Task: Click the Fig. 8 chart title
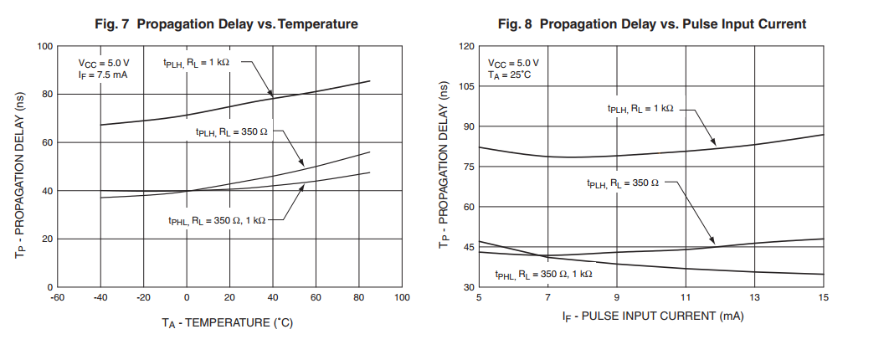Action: (652, 24)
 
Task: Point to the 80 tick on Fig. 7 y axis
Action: (47, 94)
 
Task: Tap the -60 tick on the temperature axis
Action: (57, 298)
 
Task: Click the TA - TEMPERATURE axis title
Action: (228, 321)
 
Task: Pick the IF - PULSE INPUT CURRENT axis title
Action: (653, 316)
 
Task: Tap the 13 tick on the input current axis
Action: (754, 298)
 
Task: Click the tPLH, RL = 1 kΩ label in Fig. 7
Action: (196, 62)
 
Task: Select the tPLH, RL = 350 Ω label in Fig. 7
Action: (232, 131)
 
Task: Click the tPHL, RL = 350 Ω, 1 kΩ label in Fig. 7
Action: (217, 220)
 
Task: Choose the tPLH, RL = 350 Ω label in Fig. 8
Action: (623, 183)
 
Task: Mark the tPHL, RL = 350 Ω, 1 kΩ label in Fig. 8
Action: (543, 274)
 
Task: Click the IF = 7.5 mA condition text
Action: (102, 75)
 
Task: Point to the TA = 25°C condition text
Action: (510, 75)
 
